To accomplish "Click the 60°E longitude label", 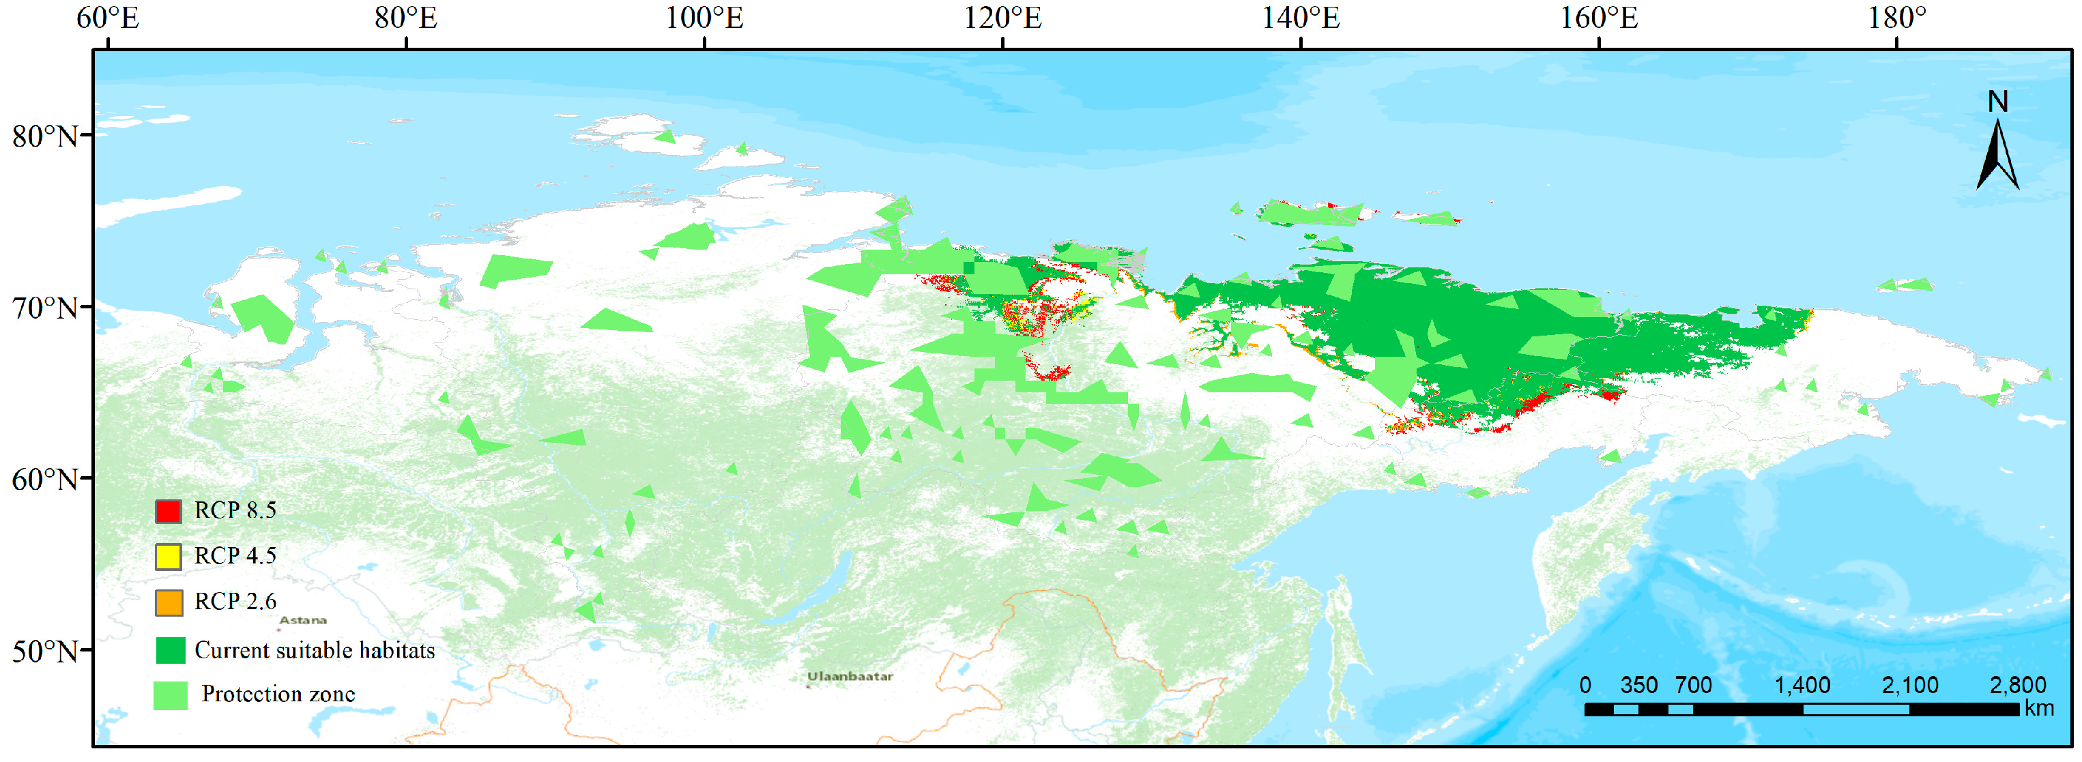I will click(108, 18).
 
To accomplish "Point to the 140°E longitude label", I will click(1301, 18).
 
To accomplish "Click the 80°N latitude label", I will click(45, 136).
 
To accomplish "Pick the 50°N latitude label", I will click(45, 651).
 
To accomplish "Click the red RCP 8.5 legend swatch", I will click(168, 511).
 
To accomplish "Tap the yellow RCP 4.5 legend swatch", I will click(168, 557).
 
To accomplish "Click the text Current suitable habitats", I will click(315, 651).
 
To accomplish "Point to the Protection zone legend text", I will click(278, 694).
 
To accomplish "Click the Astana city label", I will click(303, 621).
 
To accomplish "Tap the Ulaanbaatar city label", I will click(850, 676).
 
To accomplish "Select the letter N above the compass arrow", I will click(1997, 102).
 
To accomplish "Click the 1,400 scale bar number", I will click(1802, 685).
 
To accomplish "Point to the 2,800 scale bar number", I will click(2017, 685).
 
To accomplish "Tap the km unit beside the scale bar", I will click(2039, 709).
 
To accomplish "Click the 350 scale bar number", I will click(1638, 685).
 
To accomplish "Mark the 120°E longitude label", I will click(1002, 18).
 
